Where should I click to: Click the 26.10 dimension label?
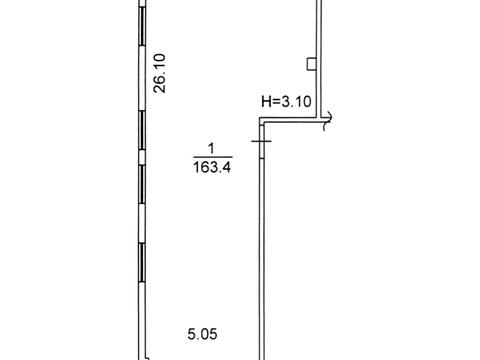click(159, 73)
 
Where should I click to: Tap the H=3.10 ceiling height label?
click(286, 101)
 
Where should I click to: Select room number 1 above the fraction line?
click(211, 148)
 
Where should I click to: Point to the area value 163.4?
click(212, 167)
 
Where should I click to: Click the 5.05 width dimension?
click(202, 334)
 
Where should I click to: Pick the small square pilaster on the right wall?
click(311, 64)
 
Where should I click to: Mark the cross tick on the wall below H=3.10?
click(261, 141)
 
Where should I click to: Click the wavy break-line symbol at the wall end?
click(327, 121)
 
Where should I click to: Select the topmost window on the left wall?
click(142, 26)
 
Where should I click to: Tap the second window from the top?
click(142, 130)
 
